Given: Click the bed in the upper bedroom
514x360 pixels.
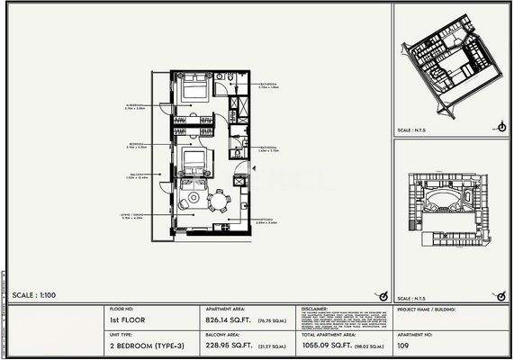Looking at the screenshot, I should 194,89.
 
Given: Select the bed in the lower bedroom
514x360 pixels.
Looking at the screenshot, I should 194,163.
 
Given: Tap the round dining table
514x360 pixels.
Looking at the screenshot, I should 217,200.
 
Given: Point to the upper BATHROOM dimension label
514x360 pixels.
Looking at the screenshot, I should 268,85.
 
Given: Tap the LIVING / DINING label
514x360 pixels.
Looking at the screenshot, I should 134,216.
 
